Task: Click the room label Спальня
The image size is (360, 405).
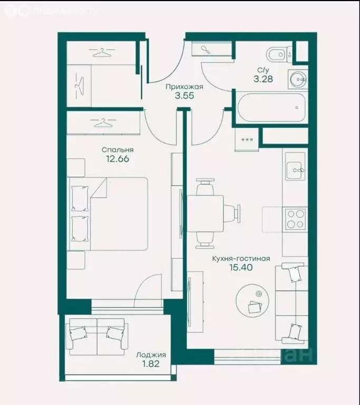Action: (x=118, y=149)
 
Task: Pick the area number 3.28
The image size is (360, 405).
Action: (x=264, y=79)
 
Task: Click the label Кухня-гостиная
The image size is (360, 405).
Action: (x=241, y=258)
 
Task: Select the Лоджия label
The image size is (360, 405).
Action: (x=147, y=355)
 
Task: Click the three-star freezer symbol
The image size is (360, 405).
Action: (x=247, y=140)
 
